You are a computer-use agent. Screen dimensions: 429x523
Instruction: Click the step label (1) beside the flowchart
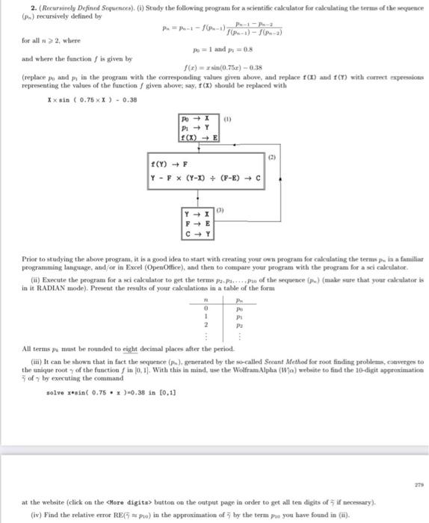coord(228,117)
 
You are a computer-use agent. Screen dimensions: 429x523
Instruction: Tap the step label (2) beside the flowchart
coord(271,158)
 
